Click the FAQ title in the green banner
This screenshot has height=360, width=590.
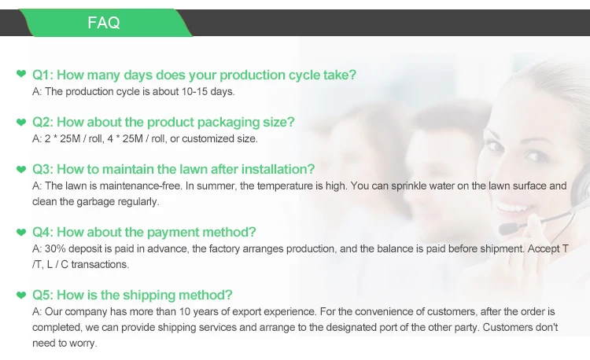pos(104,23)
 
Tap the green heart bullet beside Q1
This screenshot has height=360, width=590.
pos(21,74)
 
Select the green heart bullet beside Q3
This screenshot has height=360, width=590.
pos(21,170)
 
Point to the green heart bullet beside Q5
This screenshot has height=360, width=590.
pos(21,296)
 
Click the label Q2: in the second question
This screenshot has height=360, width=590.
pos(43,122)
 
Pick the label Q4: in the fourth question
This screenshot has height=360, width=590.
pos(43,232)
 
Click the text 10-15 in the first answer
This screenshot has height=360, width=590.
pos(194,92)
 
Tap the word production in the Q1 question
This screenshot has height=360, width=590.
pos(253,75)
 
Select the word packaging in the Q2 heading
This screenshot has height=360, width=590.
pos(232,123)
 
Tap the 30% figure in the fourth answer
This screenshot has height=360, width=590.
pos(55,248)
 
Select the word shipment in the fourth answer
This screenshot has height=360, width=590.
pos(502,249)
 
